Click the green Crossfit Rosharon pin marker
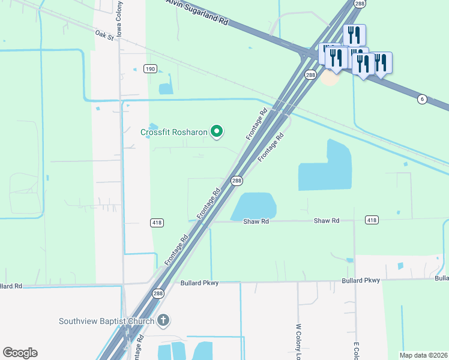217,131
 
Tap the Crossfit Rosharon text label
174,132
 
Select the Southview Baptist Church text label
106,321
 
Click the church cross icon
163,320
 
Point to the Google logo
20,353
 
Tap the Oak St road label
104,36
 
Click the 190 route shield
150,70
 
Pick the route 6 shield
423,99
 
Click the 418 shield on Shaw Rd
372,220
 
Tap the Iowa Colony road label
119,18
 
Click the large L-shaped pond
324,168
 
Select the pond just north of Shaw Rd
254,206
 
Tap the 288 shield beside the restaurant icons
310,75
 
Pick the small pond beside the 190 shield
166,88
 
